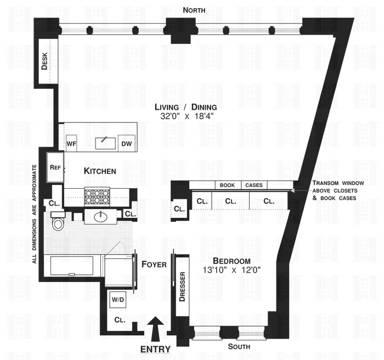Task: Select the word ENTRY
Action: coord(156,349)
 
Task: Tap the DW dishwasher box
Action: coord(127,144)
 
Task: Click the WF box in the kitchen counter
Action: coord(72,144)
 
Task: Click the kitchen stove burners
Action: coord(97,195)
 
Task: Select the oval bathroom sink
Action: coord(101,217)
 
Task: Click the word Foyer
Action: coord(154,265)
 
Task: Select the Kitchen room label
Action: coord(100,171)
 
